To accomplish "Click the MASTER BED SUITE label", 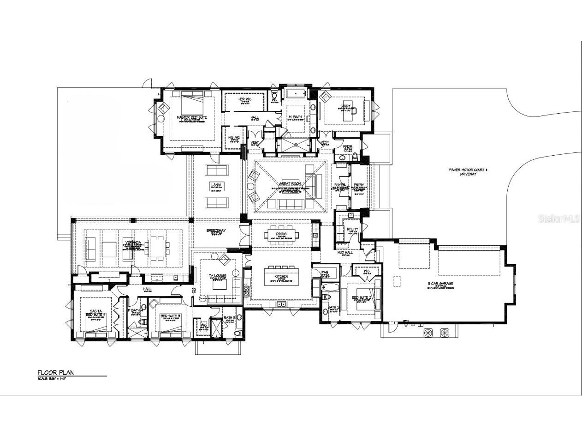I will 192,118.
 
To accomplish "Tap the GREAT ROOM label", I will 290,184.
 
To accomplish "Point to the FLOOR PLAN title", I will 55,372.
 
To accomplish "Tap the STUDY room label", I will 345,107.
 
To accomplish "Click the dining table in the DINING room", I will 281,235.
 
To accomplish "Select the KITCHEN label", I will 281,277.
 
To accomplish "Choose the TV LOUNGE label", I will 218,276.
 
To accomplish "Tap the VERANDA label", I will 132,242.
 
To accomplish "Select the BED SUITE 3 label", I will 170,316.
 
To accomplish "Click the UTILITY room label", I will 352,229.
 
